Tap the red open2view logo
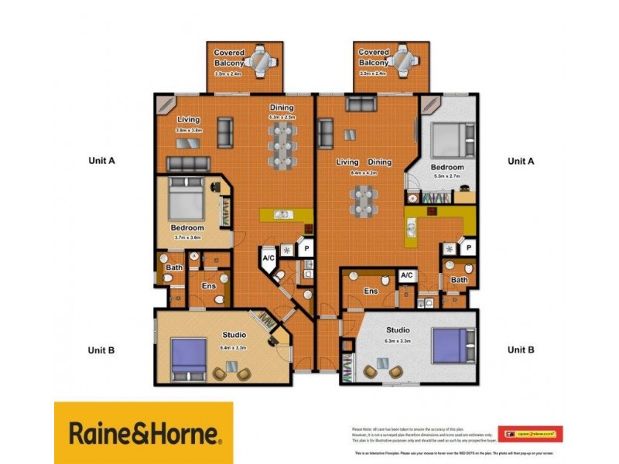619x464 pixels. [530, 434]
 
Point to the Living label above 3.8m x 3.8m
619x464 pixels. [188, 120]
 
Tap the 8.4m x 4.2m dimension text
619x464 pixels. [362, 173]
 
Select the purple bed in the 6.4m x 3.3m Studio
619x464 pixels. [188, 360]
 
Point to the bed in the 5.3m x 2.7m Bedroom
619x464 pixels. [446, 139]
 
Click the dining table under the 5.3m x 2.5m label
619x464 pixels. [281, 146]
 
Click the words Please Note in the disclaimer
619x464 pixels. [363, 427]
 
